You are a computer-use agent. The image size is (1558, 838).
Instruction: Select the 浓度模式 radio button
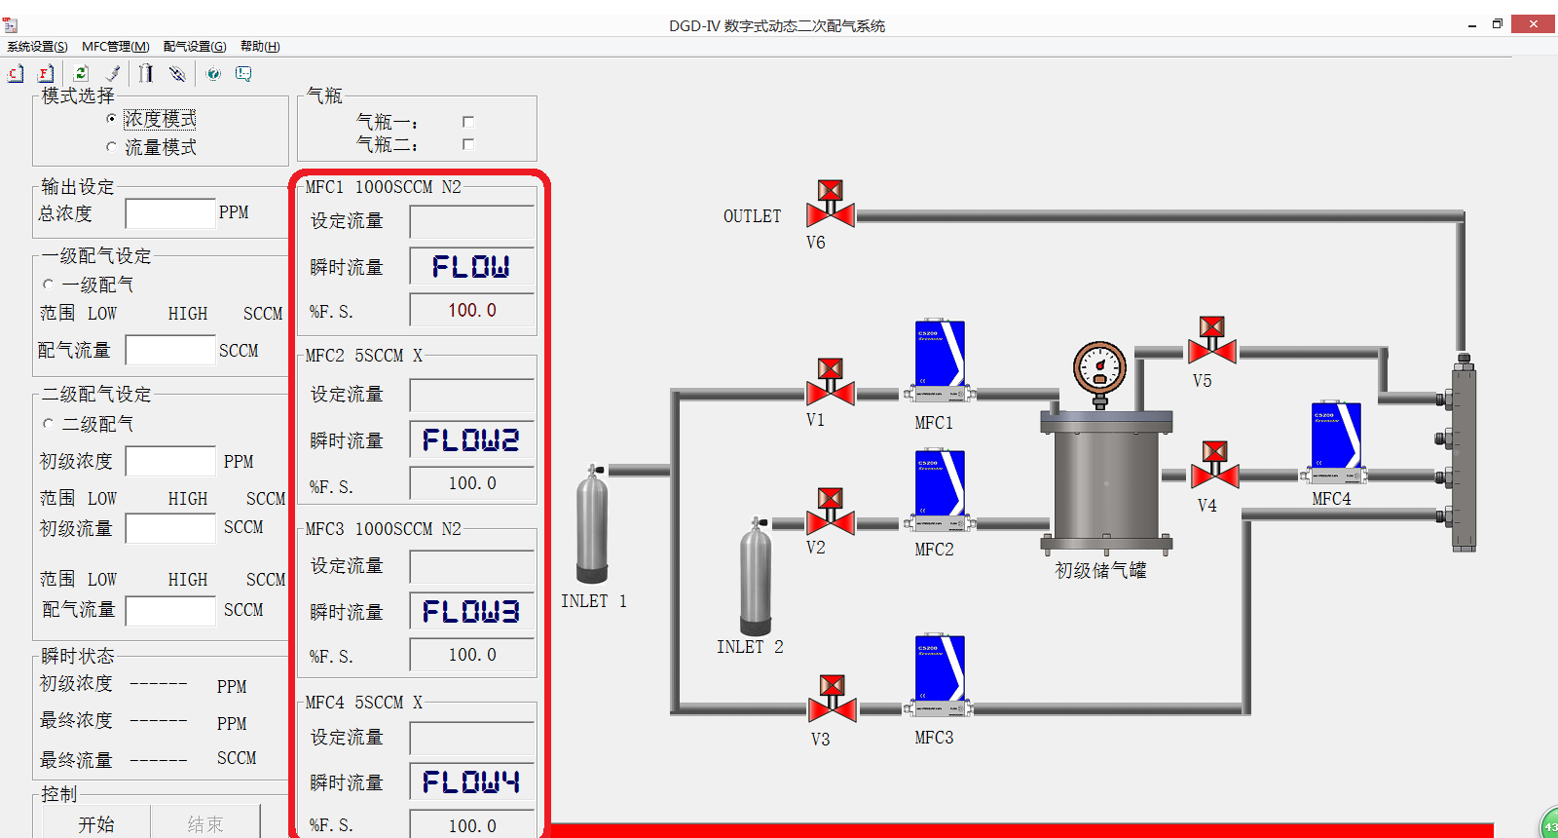point(111,119)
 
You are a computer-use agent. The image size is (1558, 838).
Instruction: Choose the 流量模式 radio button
point(111,147)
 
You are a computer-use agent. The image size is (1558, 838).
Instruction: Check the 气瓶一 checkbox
point(468,122)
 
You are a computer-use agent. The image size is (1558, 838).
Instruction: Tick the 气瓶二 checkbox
point(468,144)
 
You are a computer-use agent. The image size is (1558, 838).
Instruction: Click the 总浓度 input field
point(170,213)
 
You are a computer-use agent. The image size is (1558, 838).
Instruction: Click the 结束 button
point(205,824)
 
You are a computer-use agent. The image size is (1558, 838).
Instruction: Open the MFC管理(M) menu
point(116,47)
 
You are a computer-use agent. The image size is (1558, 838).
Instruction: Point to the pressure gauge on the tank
point(1099,369)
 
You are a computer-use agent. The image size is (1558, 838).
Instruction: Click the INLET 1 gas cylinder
point(592,526)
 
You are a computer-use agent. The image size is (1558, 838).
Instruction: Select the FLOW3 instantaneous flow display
point(471,612)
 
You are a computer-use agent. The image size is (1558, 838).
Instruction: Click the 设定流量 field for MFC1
point(471,222)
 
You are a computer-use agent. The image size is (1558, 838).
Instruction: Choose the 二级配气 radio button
point(49,424)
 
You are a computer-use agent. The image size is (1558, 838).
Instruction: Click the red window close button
point(1533,24)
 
